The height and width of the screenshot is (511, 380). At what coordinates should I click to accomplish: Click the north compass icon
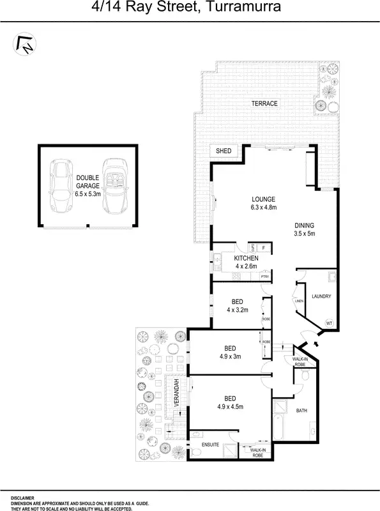[25, 44]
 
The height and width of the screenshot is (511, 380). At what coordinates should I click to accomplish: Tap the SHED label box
[224, 151]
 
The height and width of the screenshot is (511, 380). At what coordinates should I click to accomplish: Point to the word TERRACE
[264, 103]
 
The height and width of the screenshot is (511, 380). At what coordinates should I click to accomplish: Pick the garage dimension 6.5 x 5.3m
[87, 194]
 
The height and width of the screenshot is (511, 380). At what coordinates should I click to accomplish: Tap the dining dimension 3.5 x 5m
[305, 234]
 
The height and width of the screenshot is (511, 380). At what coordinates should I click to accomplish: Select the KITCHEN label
[246, 258]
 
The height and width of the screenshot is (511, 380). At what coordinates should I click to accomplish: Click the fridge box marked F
[262, 246]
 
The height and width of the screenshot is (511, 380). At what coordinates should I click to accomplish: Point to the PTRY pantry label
[264, 276]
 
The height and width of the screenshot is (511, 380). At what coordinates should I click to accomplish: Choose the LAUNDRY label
[321, 296]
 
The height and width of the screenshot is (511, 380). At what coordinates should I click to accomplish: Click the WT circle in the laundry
[330, 323]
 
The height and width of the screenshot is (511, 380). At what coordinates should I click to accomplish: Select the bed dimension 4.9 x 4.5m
[230, 406]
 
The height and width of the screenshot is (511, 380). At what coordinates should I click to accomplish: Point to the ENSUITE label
[210, 444]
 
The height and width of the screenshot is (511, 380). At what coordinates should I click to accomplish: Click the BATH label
[301, 411]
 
